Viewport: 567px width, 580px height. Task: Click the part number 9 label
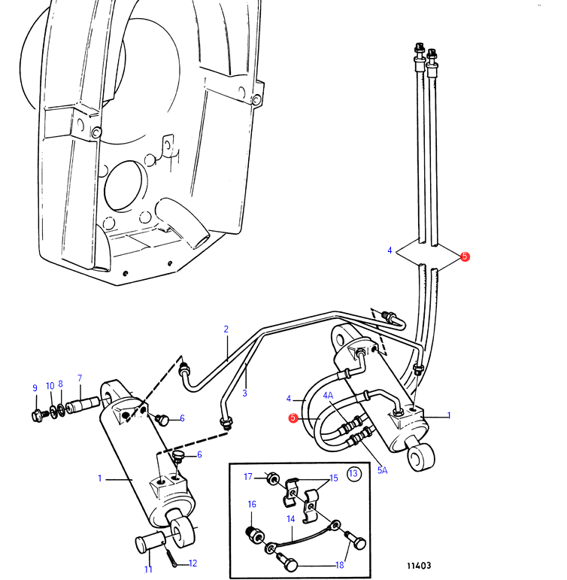click(x=35, y=388)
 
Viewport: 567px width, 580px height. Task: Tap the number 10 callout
click(x=50, y=386)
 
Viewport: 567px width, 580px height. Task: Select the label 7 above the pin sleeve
click(x=80, y=378)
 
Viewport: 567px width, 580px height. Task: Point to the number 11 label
click(x=149, y=569)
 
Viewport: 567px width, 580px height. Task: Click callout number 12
click(x=193, y=563)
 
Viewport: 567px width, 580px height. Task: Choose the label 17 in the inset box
click(x=248, y=475)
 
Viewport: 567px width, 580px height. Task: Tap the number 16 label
click(x=252, y=505)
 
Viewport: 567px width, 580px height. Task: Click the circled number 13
click(x=353, y=473)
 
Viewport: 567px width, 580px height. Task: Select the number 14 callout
click(x=291, y=518)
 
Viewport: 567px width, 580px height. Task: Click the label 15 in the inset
click(x=334, y=478)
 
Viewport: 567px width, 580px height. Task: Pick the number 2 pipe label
click(x=225, y=329)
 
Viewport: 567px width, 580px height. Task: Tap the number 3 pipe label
click(x=244, y=393)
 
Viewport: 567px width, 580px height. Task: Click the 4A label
click(x=329, y=395)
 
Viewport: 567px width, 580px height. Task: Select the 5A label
click(x=382, y=470)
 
